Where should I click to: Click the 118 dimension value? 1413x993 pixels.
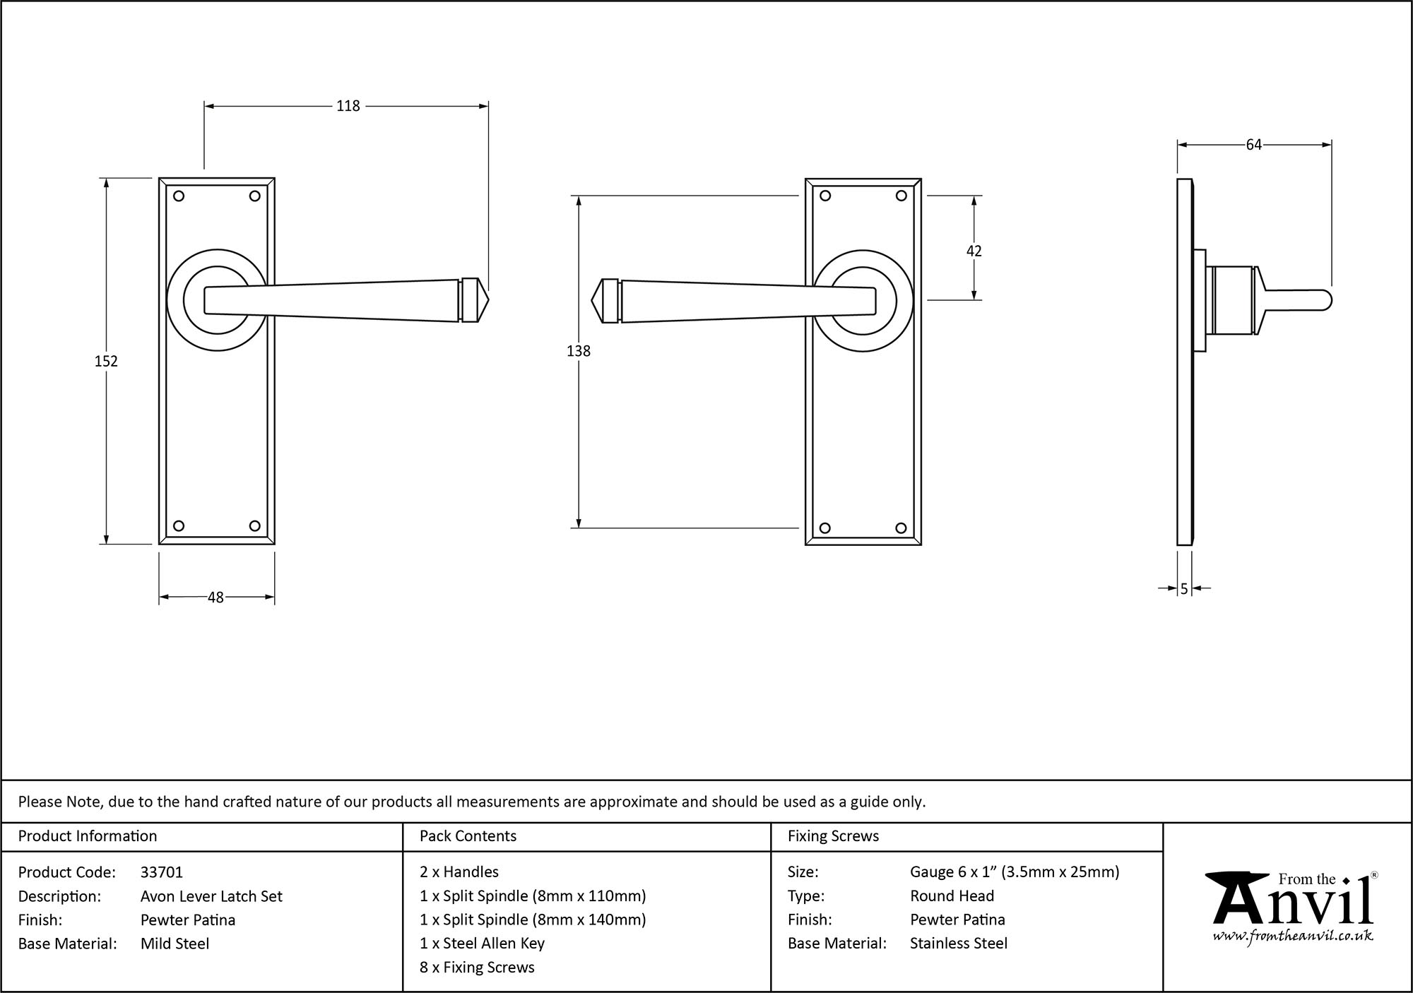pos(348,106)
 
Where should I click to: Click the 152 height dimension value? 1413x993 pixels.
pos(106,361)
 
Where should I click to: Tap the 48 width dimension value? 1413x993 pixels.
pos(215,597)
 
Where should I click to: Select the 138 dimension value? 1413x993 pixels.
pos(578,350)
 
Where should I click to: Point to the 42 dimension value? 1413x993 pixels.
pos(974,251)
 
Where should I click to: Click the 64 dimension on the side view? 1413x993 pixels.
pos(1253,145)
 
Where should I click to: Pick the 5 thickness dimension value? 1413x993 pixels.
pos(1184,588)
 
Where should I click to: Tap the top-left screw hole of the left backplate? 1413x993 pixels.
pos(179,196)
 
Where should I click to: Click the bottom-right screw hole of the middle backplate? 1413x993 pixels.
pos(901,528)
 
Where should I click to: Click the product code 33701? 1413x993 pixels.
pos(162,872)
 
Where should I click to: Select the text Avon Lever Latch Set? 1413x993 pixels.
pos(211,896)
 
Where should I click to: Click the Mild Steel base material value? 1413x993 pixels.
pos(175,944)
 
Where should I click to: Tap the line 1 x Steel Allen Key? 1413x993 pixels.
pos(482,944)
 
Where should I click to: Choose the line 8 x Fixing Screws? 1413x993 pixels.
pos(477,968)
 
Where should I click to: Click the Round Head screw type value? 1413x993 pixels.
pos(952,896)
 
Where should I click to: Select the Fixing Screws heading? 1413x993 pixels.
pos(833,836)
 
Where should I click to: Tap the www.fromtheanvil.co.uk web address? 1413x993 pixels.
pos(1293,936)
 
